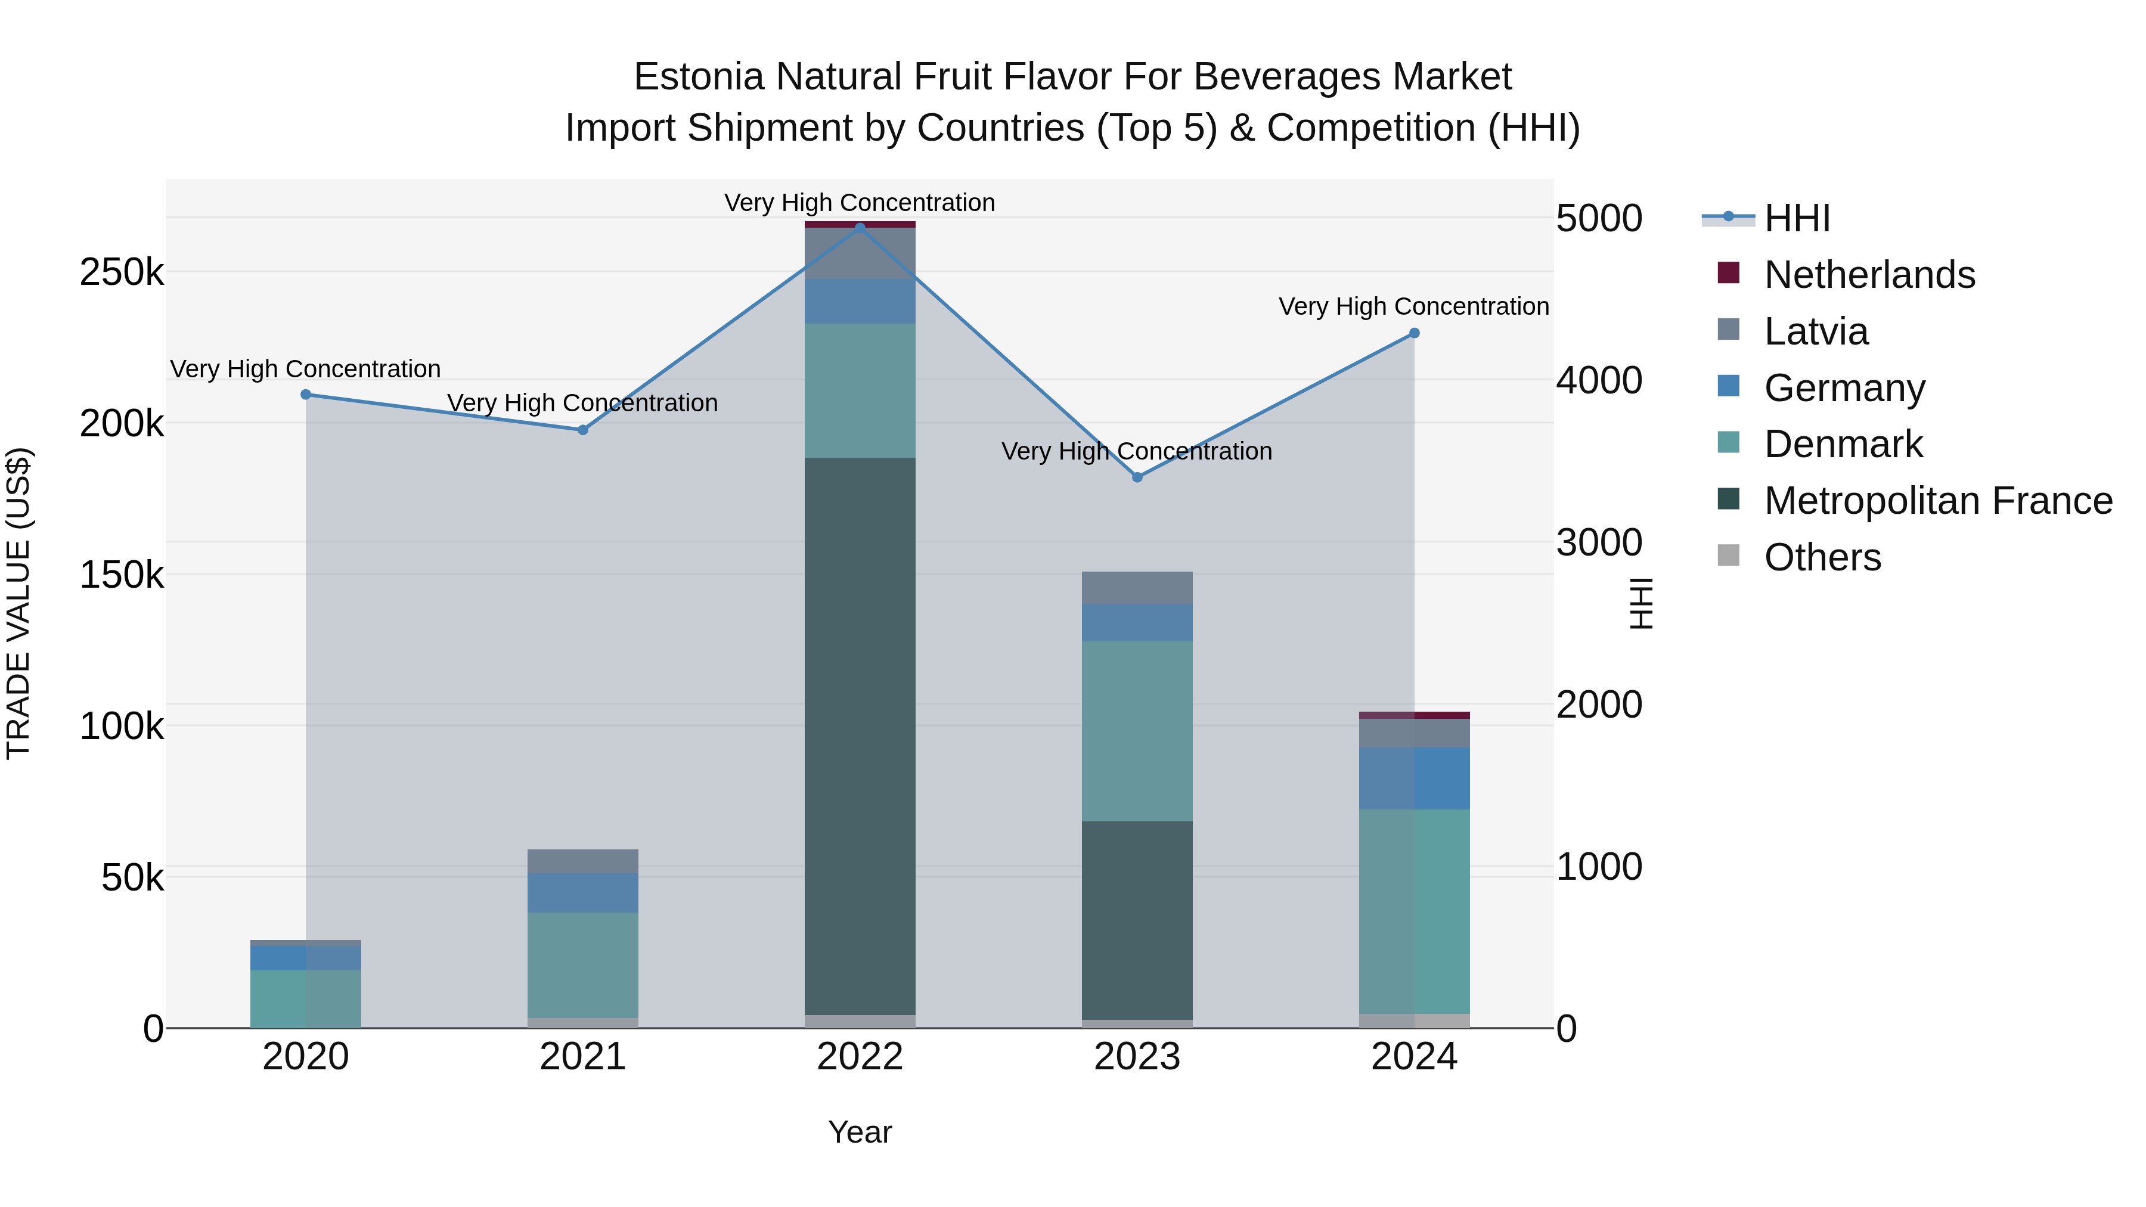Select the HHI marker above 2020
coord(306,395)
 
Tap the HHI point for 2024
coord(1414,333)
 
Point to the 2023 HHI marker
coord(1137,477)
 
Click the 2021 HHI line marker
coord(583,430)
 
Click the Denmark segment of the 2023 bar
coord(1137,731)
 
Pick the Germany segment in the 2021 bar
coord(583,892)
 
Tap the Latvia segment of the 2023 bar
coord(1137,587)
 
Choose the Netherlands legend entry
coord(1869,275)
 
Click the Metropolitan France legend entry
coord(1938,501)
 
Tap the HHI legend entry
coord(1797,218)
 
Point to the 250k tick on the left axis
coord(122,272)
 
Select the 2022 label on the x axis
coord(860,1057)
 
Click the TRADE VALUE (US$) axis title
coord(18,603)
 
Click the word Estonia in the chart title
coord(698,77)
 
